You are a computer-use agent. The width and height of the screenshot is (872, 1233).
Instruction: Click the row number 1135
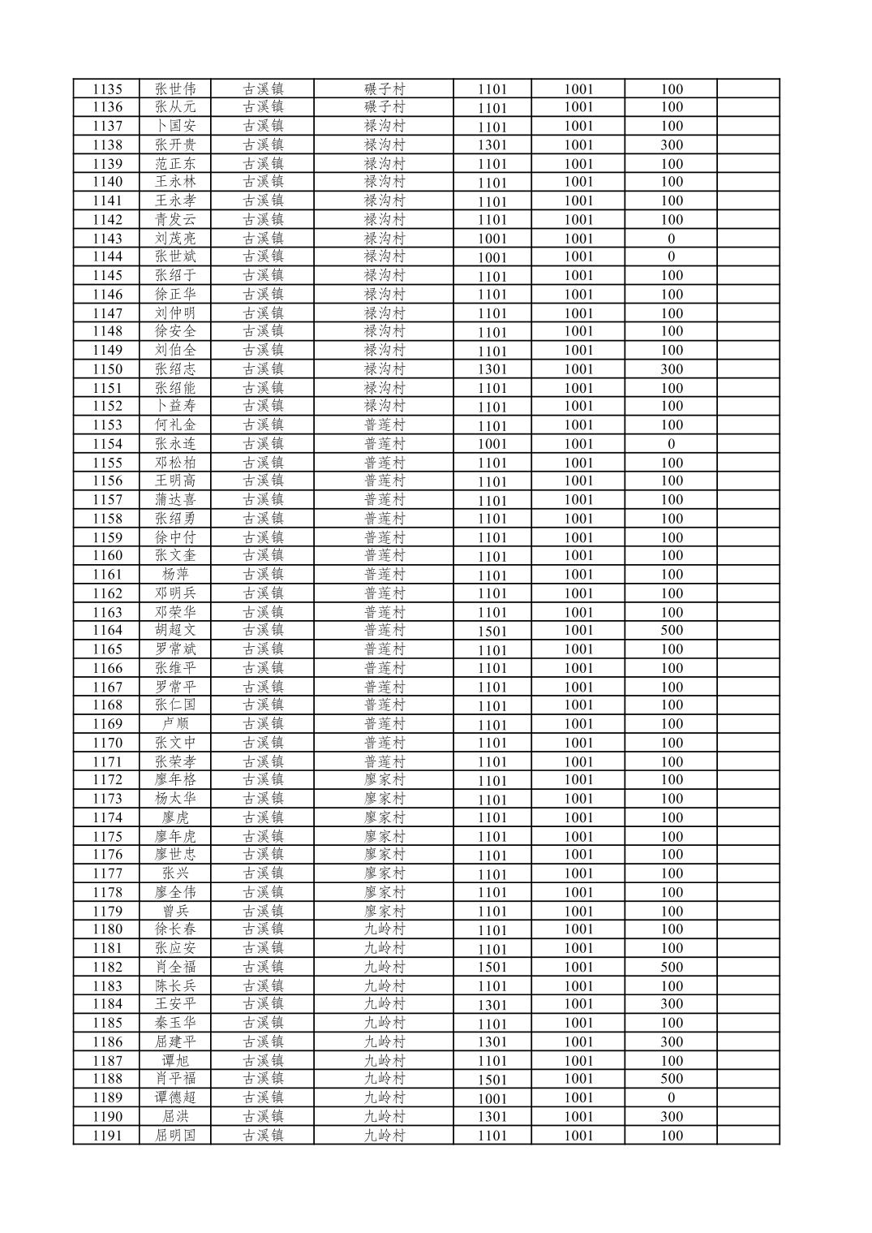pos(107,89)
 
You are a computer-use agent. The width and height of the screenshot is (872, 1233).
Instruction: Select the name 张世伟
pos(175,89)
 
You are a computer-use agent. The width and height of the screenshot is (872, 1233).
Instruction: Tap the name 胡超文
pos(175,630)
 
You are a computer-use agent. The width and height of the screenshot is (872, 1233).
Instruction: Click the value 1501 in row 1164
pos(492,631)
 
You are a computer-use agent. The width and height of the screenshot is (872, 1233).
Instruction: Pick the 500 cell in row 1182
pos(672,967)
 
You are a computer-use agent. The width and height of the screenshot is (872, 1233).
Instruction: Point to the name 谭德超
pos(175,1097)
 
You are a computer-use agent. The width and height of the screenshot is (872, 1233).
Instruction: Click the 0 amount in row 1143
pos(672,239)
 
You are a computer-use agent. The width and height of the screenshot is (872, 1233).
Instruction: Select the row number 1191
pos(107,1136)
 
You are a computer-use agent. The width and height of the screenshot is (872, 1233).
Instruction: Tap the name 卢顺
pos(175,724)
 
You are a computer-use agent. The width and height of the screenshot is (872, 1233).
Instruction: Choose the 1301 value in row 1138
pos(492,145)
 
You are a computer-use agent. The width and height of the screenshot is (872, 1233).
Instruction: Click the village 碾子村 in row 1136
pos(384,107)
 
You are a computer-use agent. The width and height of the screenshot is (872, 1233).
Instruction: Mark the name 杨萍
pos(175,575)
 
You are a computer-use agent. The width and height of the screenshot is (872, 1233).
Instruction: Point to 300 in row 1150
pos(672,369)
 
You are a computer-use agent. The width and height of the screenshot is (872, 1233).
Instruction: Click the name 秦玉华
pos(175,1023)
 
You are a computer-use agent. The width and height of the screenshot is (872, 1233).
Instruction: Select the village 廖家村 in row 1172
pos(384,780)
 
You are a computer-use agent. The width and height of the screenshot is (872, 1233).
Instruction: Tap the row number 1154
pos(107,444)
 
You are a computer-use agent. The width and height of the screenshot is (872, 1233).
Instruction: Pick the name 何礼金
pos(175,425)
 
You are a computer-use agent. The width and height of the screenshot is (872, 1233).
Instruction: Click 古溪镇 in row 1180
pos(263,929)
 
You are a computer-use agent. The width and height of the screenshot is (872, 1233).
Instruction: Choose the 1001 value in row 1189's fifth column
pos(492,1098)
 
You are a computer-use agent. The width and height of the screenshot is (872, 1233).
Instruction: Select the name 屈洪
pos(175,1117)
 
